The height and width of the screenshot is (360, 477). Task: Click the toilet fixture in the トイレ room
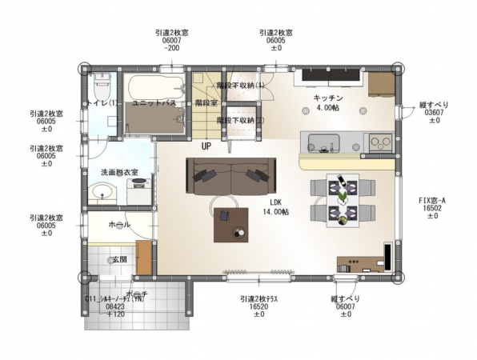pos(101,83)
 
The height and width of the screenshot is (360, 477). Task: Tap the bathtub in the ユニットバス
pos(152,85)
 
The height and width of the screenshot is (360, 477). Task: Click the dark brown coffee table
pos(232,223)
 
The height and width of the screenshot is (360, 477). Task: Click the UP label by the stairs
pos(206,146)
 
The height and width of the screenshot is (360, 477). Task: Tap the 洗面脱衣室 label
pos(118,172)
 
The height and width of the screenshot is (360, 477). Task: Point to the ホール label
pos(110,226)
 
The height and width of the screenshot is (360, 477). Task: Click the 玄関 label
pos(118,259)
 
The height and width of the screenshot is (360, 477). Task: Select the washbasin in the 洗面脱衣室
pos(101,192)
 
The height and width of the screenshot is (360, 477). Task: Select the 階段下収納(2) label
pos(240,120)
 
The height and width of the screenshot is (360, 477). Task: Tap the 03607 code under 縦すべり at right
pos(435,113)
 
